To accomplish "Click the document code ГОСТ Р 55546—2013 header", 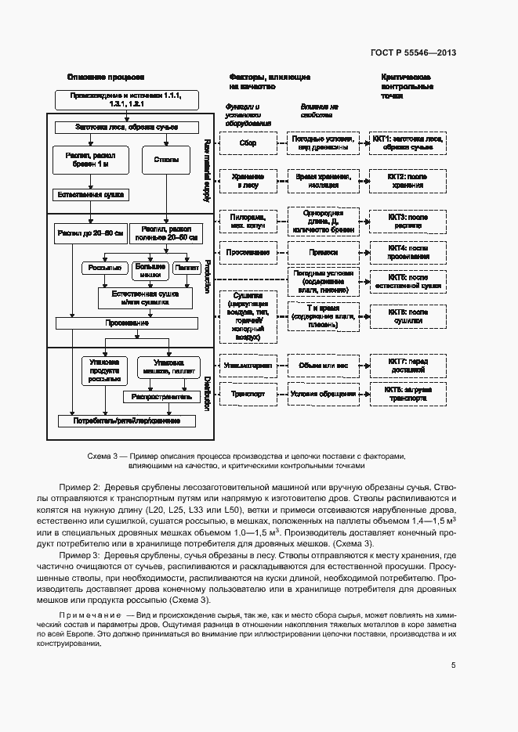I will (x=413, y=53).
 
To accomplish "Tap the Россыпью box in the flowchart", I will (x=105, y=269).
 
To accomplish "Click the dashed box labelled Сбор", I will (x=248, y=143).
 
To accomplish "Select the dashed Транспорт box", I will (x=248, y=394).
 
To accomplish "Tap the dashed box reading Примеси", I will (x=322, y=253).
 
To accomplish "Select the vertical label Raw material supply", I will (x=208, y=171).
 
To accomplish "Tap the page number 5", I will (x=454, y=665).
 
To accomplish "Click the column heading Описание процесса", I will (x=105, y=78).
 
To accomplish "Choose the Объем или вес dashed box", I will (x=322, y=365).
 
